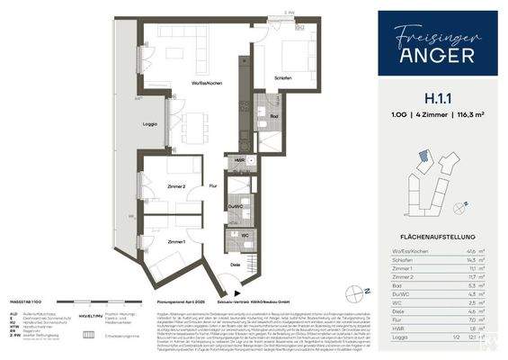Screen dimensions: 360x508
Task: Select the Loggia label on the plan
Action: click(x=151, y=124)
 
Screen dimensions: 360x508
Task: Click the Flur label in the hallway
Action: click(x=213, y=185)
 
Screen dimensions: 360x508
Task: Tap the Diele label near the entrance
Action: click(x=235, y=265)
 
